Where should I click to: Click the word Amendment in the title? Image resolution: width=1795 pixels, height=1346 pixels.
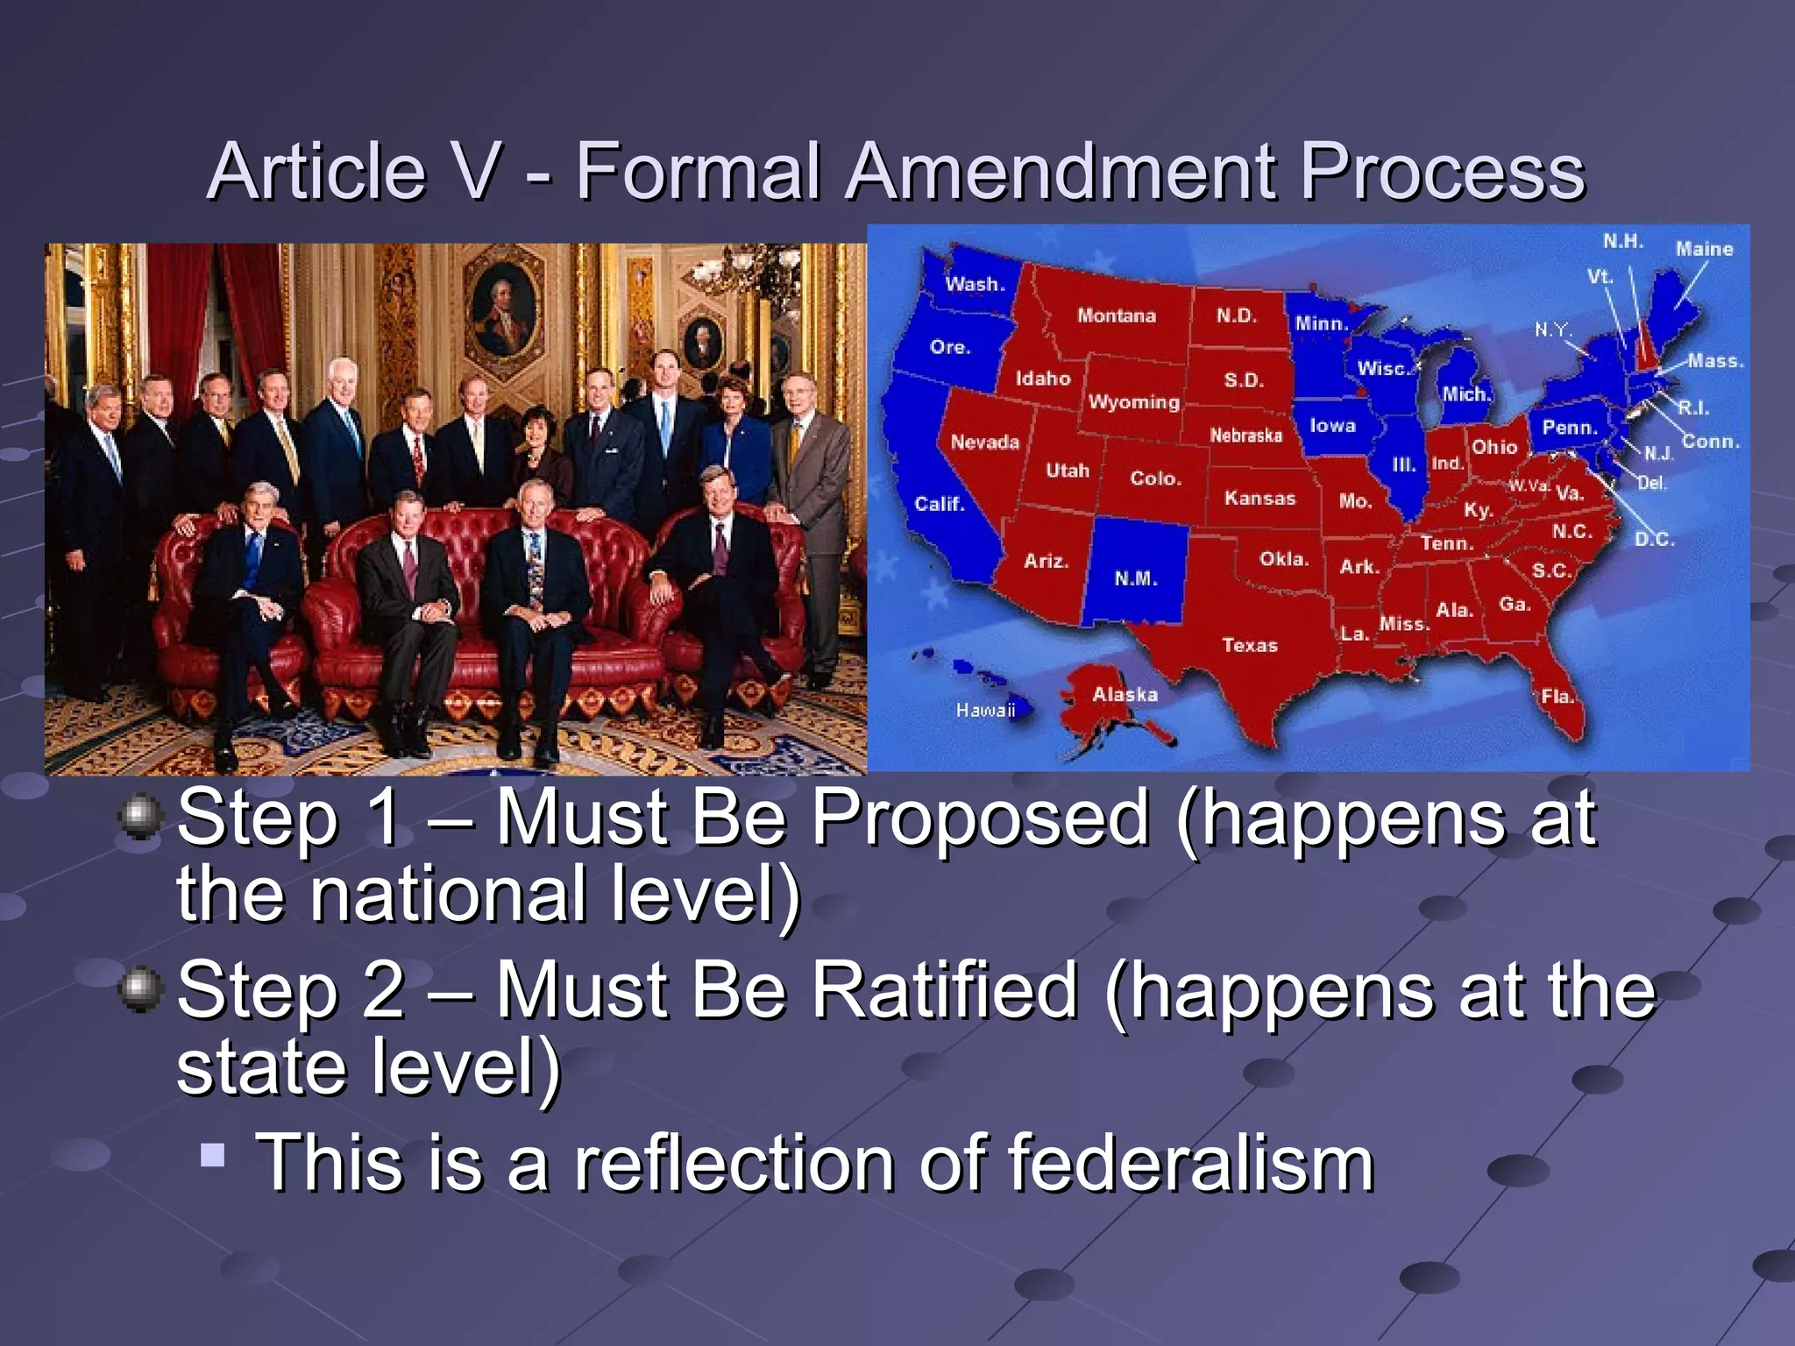[1062, 171]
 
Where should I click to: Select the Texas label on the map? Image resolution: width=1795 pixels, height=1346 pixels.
[1250, 646]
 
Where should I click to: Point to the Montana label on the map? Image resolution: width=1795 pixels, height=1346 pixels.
[1116, 315]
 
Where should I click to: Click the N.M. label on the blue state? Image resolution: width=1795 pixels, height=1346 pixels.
[1136, 578]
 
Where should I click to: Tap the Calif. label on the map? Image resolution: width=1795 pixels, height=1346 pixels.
[939, 504]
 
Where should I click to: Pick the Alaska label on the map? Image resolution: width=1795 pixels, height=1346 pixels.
[1125, 695]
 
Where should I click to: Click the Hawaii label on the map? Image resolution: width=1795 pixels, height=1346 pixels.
[985, 710]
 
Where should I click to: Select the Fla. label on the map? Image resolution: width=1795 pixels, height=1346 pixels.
[1557, 697]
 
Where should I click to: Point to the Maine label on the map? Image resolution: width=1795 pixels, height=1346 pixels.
[1704, 250]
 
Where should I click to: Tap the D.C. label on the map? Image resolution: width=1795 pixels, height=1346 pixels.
[1655, 539]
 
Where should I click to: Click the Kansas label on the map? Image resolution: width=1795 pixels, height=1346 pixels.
[1259, 499]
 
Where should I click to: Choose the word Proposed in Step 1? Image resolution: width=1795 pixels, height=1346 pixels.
[979, 819]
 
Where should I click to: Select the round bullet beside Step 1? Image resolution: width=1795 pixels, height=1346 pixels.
[140, 818]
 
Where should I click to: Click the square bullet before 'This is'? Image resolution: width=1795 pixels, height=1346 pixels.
[212, 1154]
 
